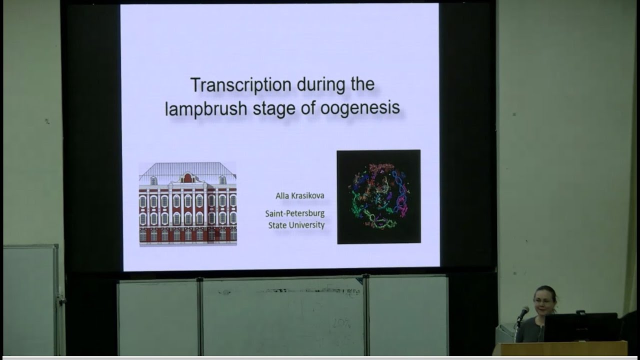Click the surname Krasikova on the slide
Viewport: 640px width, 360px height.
(x=307, y=195)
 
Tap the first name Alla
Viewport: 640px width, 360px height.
(x=282, y=195)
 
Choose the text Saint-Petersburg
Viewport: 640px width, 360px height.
(x=295, y=213)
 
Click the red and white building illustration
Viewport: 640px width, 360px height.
(x=187, y=210)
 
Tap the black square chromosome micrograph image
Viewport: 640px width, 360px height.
(x=378, y=196)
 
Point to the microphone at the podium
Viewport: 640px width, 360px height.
(x=523, y=312)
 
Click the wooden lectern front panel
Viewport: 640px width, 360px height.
(x=560, y=348)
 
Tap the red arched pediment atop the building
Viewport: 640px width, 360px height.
(x=187, y=177)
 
